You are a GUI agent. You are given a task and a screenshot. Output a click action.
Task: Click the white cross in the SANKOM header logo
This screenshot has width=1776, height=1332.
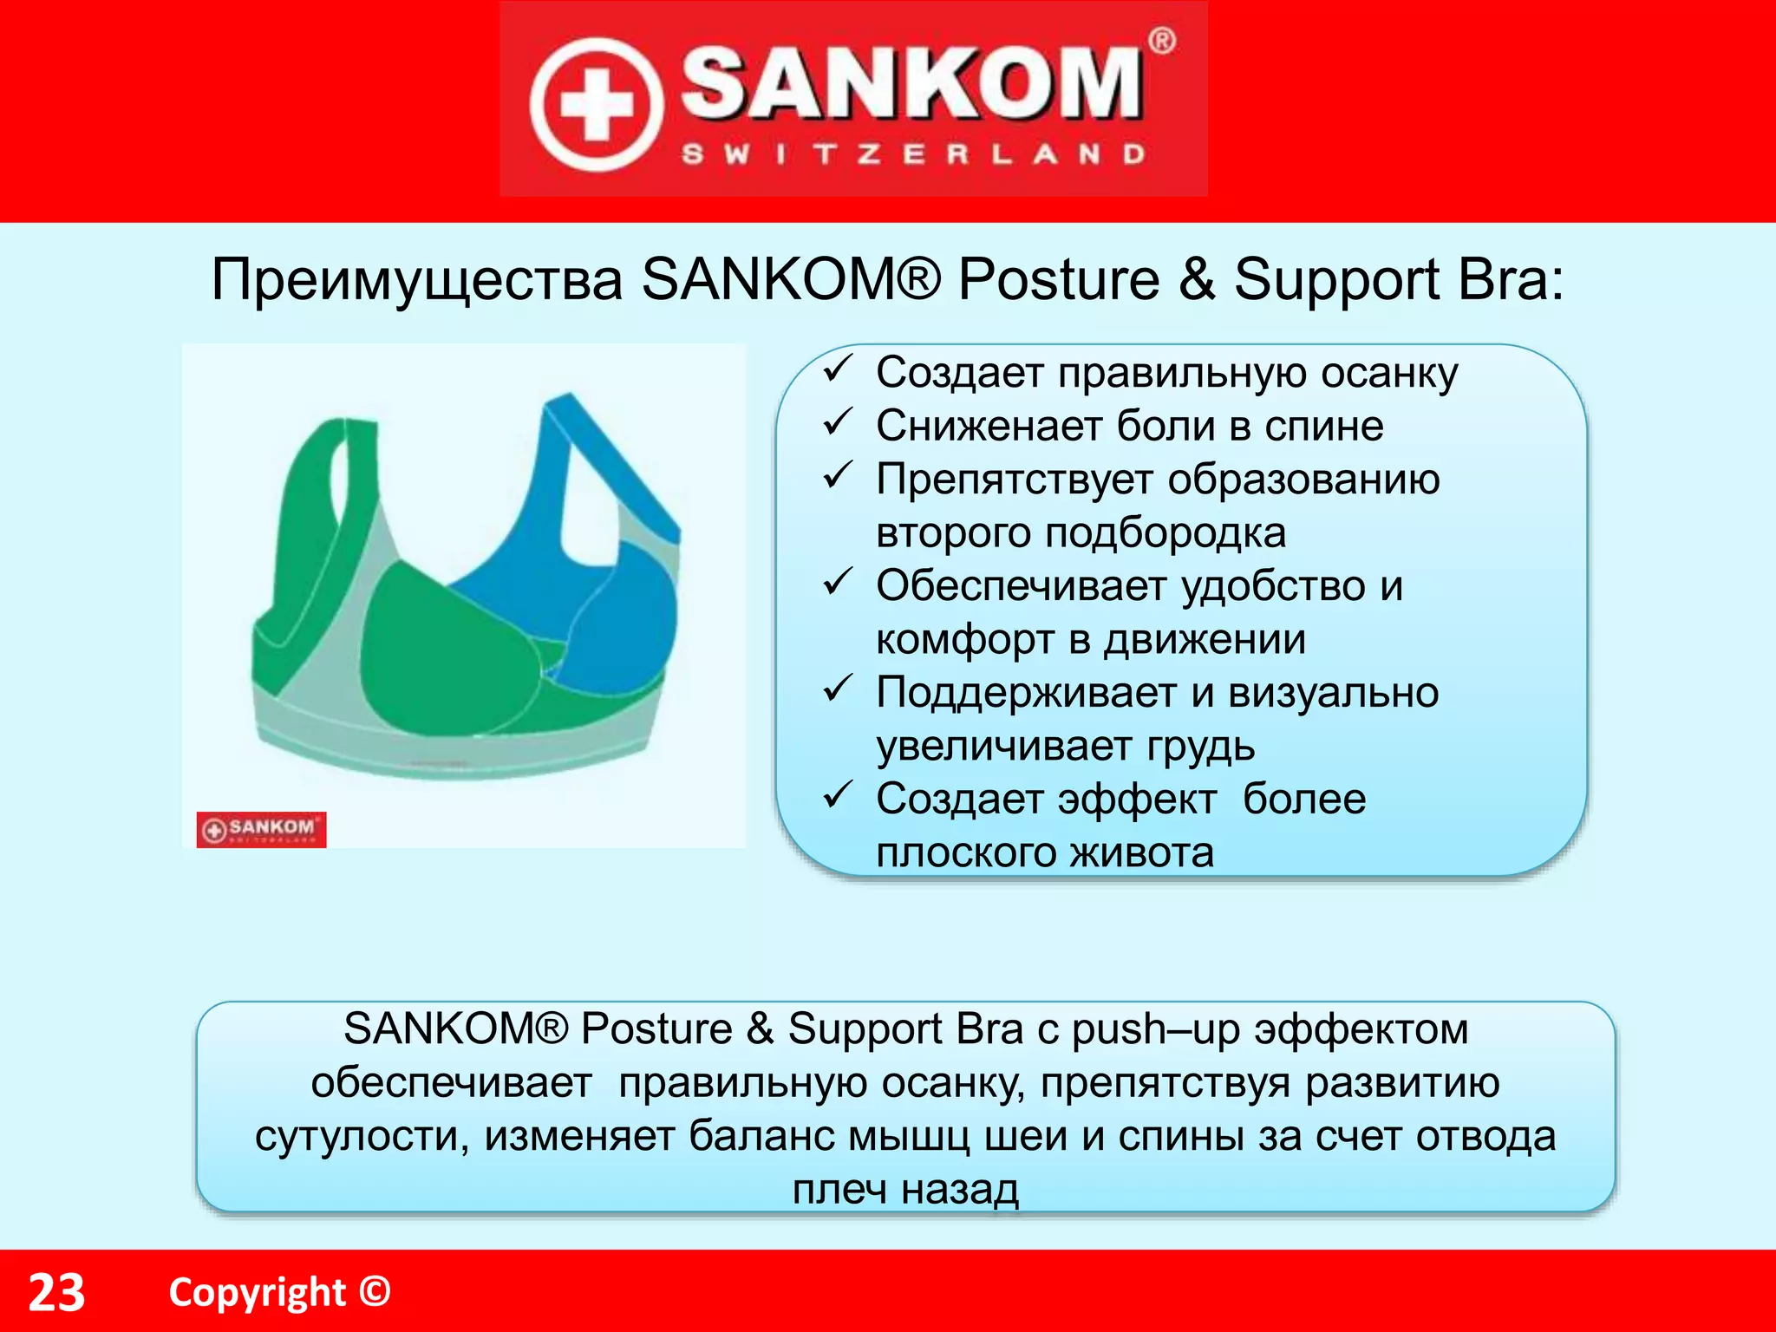(x=595, y=104)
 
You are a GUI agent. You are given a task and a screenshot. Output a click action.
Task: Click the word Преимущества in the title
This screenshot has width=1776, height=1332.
(x=417, y=280)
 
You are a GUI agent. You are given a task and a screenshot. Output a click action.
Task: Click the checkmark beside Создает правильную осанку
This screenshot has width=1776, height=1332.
(x=839, y=370)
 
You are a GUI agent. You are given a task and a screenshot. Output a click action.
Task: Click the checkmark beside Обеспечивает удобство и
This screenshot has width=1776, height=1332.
(x=839, y=583)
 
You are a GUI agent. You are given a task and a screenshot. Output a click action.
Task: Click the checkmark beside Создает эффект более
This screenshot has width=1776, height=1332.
(x=839, y=795)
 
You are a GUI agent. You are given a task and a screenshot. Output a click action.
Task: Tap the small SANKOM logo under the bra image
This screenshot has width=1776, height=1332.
(x=261, y=829)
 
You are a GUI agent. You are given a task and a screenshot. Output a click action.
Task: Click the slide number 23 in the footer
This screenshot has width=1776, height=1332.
(x=57, y=1293)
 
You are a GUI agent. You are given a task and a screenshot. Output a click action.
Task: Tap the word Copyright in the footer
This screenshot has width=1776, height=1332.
(x=258, y=1293)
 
